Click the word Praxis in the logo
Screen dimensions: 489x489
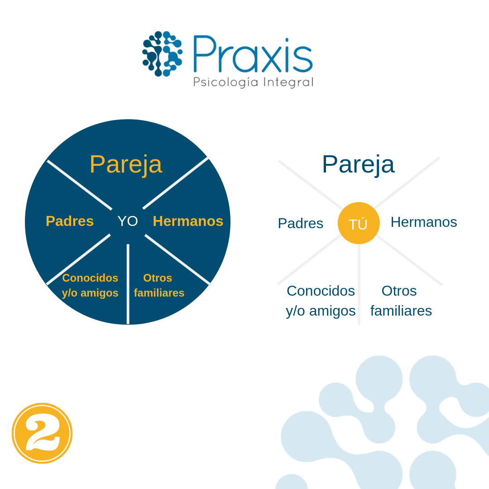[253, 54]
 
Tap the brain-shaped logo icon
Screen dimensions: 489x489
[163, 53]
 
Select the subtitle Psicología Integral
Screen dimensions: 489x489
[253, 82]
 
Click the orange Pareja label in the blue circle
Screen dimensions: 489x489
[126, 165]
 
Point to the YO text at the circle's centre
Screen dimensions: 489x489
[128, 221]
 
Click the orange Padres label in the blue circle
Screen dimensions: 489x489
[70, 221]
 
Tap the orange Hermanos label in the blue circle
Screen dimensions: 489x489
[188, 221]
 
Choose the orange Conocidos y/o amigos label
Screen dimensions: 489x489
[90, 286]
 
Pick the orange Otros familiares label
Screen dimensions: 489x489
[159, 286]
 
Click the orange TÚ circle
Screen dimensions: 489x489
[359, 223]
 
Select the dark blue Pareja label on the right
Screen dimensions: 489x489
[358, 165]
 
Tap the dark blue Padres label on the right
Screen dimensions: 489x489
[300, 223]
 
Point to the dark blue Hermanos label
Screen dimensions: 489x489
[424, 222]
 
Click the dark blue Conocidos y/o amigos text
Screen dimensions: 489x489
[321, 301]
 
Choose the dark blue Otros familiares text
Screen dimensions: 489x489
[401, 301]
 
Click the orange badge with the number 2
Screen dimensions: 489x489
[42, 433]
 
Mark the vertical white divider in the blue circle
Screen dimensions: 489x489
[128, 284]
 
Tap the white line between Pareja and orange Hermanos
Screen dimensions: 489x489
[176, 183]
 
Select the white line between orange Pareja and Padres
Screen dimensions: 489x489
[80, 185]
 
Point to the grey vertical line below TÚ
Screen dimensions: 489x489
[359, 284]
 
